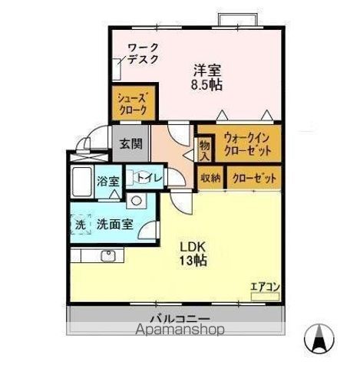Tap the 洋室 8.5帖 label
206,76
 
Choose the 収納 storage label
210,177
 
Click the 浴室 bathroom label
107,182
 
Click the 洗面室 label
116,225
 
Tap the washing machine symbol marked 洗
81,224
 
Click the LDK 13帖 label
193,253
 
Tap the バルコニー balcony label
180,317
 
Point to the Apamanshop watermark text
180,330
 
